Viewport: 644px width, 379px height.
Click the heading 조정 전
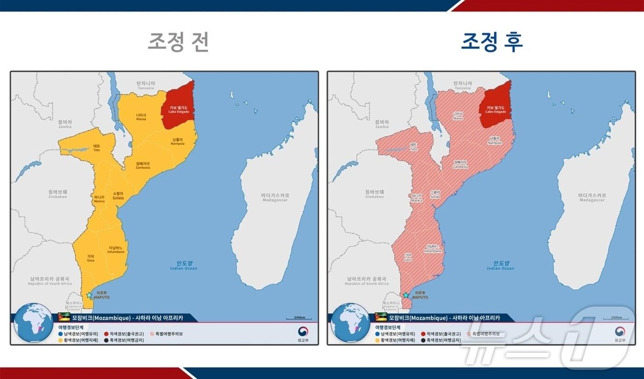[178, 42]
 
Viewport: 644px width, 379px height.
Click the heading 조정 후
[492, 42]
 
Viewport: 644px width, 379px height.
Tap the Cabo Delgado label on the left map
[178, 109]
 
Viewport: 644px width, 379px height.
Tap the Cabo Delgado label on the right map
[496, 109]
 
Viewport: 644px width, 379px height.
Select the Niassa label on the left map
[141, 117]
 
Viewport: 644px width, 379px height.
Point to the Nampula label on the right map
[494, 141]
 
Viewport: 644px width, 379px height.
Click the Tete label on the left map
[97, 148]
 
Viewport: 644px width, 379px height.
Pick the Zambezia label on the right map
[460, 165]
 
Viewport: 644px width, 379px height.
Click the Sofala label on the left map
[118, 195]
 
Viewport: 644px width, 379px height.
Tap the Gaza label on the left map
[91, 258]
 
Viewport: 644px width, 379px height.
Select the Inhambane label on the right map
[432, 249]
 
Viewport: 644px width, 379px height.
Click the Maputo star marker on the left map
[89, 295]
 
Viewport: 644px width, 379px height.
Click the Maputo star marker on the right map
[406, 295]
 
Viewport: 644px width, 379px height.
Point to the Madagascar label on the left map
[275, 198]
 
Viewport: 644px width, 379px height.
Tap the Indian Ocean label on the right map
[501, 266]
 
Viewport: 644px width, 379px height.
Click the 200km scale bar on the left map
[299, 318]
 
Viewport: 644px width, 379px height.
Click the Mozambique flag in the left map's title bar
[64, 318]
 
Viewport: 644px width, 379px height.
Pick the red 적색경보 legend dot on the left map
[106, 333]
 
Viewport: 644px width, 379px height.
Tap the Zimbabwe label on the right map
[374, 194]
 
